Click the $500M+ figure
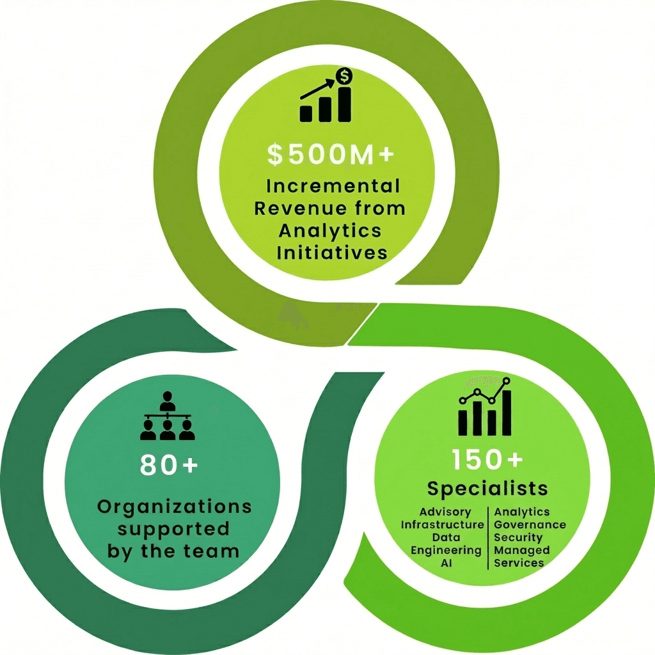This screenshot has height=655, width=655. coord(331,154)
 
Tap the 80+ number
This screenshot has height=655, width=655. coord(169,464)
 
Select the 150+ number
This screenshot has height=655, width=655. coord(487,459)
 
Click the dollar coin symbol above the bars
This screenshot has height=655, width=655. coord(344,76)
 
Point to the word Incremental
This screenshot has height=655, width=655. coord(333,186)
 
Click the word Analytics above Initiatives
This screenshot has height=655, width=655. coord(330,231)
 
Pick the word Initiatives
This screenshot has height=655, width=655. coord(332,253)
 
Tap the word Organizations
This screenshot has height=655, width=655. coord(175,507)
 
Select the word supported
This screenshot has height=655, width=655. coord(173,529)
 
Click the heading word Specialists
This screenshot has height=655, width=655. coord(487,489)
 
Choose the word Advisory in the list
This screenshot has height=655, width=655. coord(445,512)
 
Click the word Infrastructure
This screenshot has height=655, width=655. coord(443,525)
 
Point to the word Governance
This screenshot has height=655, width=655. coord(530,525)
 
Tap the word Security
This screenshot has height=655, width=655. coord(518,538)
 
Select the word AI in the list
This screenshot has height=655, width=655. coord(446,563)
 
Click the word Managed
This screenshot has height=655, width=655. coord(522,551)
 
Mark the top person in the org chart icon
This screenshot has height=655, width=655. coord(168,401)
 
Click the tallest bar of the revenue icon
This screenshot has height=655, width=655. coord(345,104)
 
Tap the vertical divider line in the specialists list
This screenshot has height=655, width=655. coord(488,538)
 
